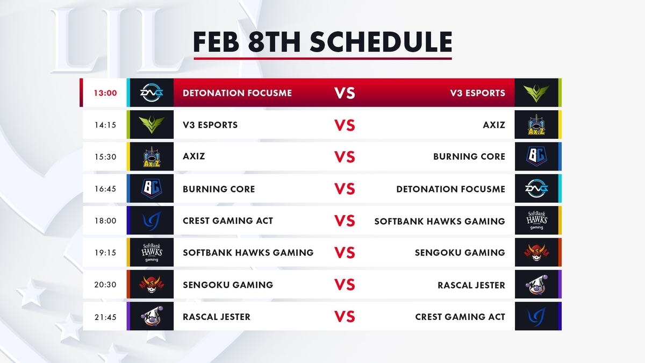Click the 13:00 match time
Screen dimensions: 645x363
105,93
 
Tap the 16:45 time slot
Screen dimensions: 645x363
105,189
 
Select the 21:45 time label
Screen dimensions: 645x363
105,317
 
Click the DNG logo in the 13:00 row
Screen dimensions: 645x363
152,92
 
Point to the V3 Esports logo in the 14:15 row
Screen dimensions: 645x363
152,125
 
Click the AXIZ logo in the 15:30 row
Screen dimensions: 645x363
152,157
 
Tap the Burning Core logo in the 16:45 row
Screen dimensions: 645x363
152,189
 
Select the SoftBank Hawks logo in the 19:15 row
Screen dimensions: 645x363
152,252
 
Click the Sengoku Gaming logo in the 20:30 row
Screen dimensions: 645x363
152,284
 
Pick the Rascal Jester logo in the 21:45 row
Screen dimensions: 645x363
152,316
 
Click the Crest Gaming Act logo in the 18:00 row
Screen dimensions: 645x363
152,220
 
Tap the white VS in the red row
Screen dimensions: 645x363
345,93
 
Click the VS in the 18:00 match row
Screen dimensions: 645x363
345,221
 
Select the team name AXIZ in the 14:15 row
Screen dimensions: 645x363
494,125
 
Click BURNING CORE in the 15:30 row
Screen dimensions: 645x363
469,156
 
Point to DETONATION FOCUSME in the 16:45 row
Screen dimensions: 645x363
450,189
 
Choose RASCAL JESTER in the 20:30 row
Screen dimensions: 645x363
471,285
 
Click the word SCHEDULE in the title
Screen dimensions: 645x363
381,42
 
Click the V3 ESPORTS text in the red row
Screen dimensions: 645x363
478,93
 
